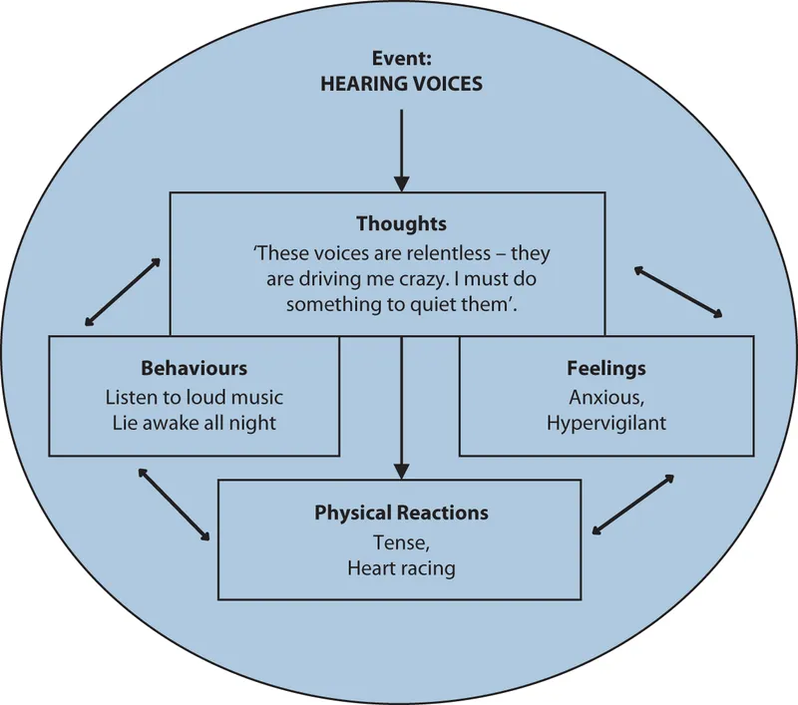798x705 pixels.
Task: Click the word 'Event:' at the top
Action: point(401,58)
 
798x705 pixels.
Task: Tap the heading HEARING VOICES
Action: point(401,84)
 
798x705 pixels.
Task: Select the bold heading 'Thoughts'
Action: point(401,223)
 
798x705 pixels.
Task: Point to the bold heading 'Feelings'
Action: point(605,368)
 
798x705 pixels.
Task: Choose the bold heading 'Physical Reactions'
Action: point(401,513)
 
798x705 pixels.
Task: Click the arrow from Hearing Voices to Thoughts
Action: point(401,150)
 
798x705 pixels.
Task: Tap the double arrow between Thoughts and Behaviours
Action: point(123,291)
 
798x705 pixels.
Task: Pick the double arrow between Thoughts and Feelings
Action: point(678,291)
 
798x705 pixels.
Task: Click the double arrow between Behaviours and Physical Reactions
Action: point(176,504)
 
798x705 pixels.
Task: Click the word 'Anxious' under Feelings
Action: point(602,396)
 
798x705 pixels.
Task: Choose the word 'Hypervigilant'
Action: point(605,422)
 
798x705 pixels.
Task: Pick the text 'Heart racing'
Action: point(401,568)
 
